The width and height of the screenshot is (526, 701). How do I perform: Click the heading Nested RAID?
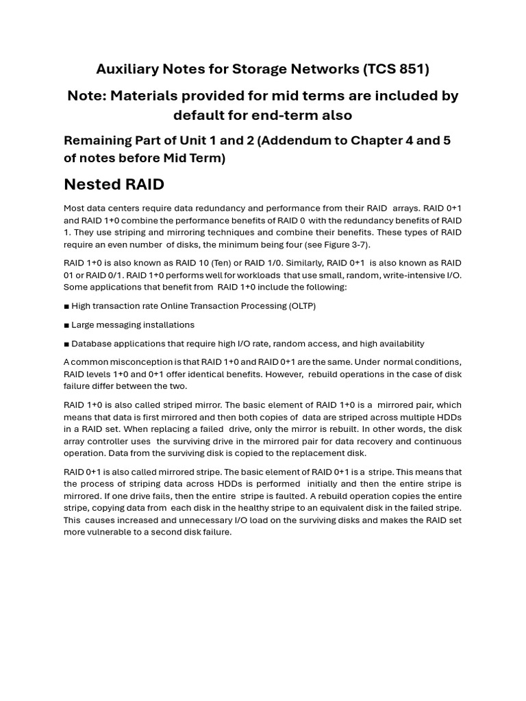coord(114,184)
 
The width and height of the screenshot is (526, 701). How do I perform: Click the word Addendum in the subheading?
coord(295,140)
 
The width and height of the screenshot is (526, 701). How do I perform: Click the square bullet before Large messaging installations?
coord(66,325)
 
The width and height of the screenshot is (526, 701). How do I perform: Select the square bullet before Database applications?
coord(66,344)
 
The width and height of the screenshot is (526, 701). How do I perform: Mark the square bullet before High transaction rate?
coord(66,306)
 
